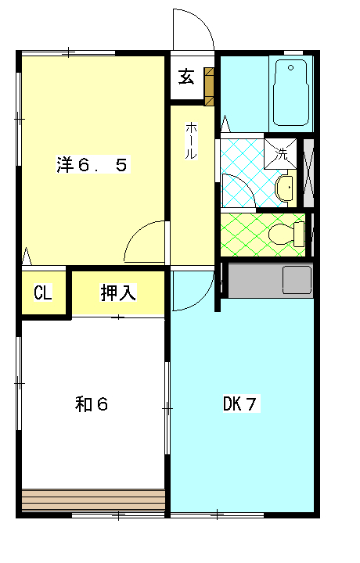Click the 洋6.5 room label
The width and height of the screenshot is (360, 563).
[92, 165]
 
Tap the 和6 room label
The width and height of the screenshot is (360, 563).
[91, 404]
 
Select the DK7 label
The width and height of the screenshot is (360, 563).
[240, 404]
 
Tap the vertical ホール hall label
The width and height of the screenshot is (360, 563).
[190, 141]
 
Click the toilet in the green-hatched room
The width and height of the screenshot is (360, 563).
[283, 234]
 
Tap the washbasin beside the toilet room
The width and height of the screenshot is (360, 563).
[286, 187]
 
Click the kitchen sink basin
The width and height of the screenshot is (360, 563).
[297, 278]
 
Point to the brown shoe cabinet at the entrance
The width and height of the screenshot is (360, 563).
[209, 85]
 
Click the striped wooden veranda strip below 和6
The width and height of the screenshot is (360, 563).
[93, 500]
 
